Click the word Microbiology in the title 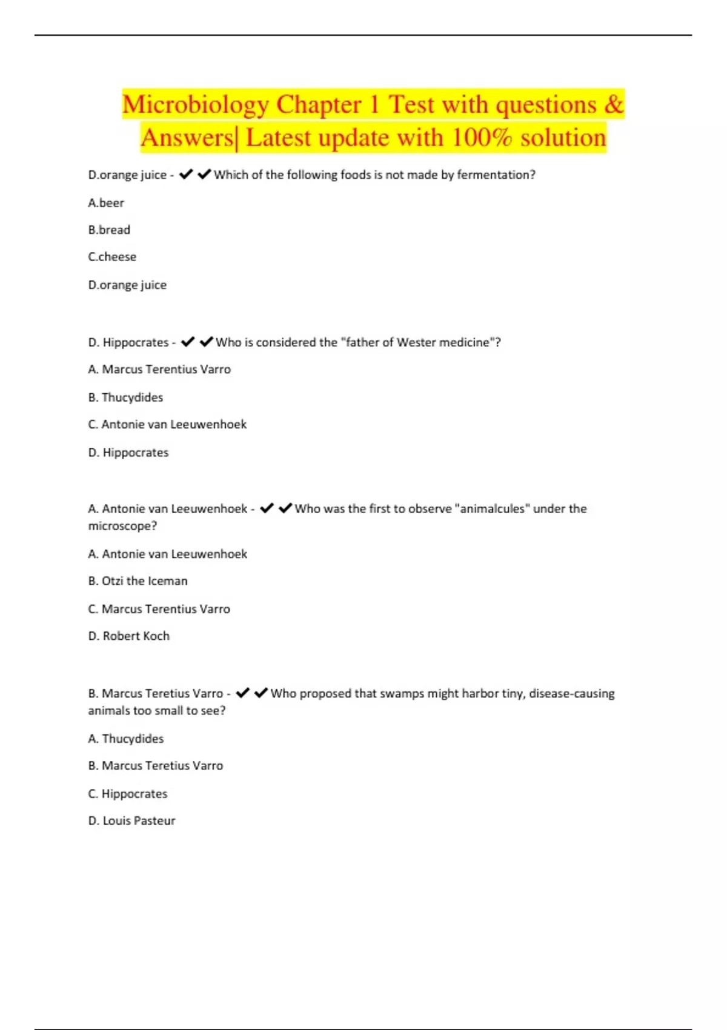tap(195, 105)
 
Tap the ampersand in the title tap(613, 104)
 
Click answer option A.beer tap(106, 203)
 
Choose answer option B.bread tap(109, 230)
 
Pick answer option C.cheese tap(112, 257)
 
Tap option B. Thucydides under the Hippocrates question tap(125, 397)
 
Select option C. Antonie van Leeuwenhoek tap(167, 425)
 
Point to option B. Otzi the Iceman tap(138, 581)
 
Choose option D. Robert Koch tap(128, 636)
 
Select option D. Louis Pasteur tap(131, 821)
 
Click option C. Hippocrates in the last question tap(127, 794)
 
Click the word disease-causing tap(571, 694)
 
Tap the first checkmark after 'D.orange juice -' tap(186, 174)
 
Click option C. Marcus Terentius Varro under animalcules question tap(159, 609)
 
